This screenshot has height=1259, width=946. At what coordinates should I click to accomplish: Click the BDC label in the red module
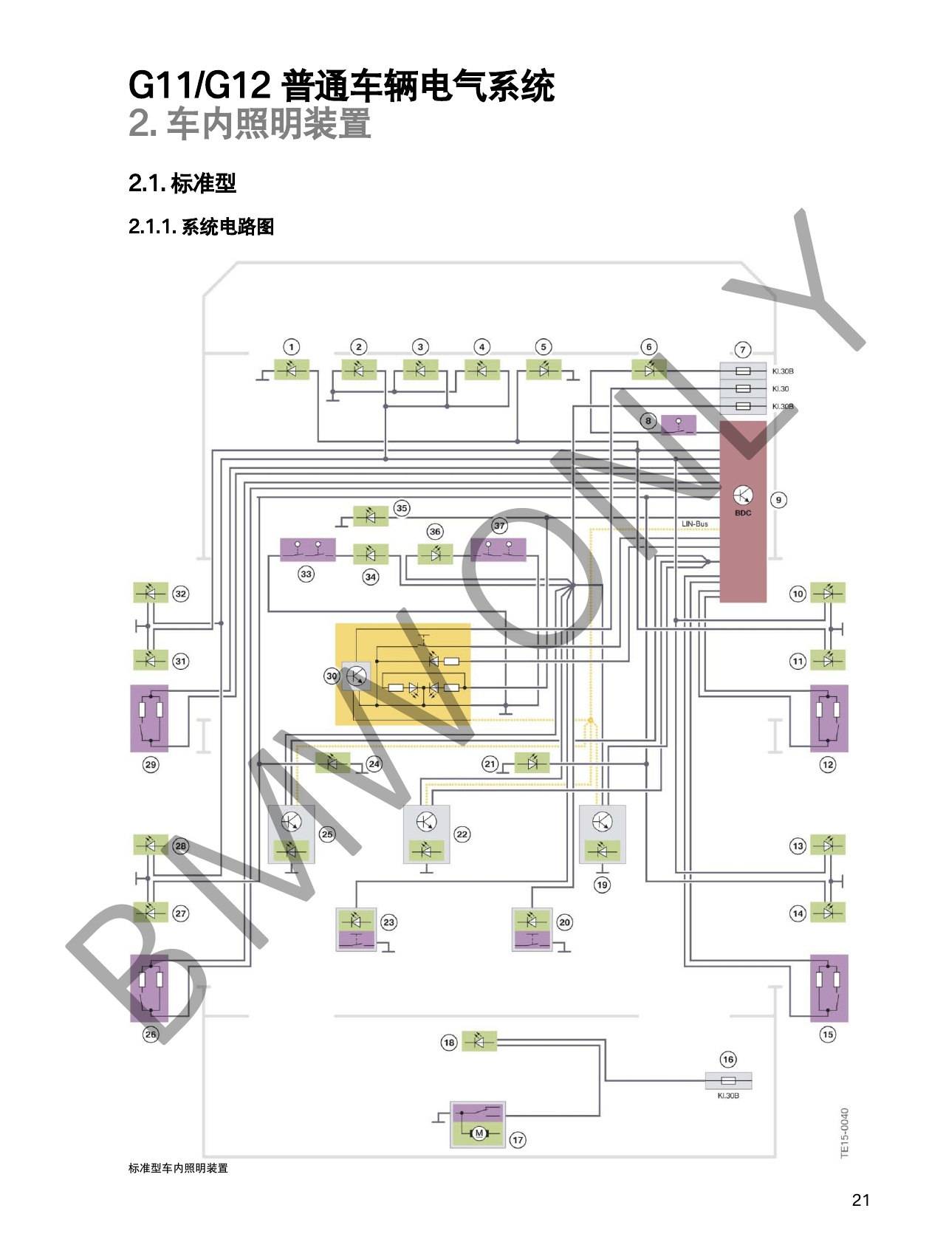coord(743,513)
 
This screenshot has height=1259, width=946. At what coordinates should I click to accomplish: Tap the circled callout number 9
coord(778,500)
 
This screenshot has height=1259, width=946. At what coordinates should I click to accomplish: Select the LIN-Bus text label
coord(695,524)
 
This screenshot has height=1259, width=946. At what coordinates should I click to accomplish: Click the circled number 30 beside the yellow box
coord(332,676)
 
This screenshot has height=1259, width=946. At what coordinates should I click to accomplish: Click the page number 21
coord(861,1200)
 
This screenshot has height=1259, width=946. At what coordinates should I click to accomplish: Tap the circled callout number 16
coord(728,1060)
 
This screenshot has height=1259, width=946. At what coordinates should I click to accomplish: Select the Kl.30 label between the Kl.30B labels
coord(781,389)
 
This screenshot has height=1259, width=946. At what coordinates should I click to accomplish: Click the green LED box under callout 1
coord(292,369)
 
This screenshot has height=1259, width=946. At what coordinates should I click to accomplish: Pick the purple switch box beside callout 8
coord(678,425)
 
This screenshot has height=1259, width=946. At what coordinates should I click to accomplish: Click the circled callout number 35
coord(402,508)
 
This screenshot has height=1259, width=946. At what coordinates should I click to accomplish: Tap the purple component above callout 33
coord(308,549)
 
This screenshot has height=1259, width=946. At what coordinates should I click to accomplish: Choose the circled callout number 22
coord(462,834)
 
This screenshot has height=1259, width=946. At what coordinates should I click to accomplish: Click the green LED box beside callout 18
coord(479,1041)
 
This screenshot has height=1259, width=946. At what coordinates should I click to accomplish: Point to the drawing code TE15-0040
coord(845,1133)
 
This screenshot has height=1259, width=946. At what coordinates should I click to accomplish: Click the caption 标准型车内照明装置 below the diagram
coord(178,1168)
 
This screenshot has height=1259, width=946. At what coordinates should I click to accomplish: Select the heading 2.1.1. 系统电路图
coord(201,227)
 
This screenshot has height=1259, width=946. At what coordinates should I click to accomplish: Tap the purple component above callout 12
coord(829,718)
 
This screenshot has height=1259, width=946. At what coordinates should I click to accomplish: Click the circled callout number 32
coord(180,594)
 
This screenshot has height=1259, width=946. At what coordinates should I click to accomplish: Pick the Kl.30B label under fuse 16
coord(728,1096)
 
